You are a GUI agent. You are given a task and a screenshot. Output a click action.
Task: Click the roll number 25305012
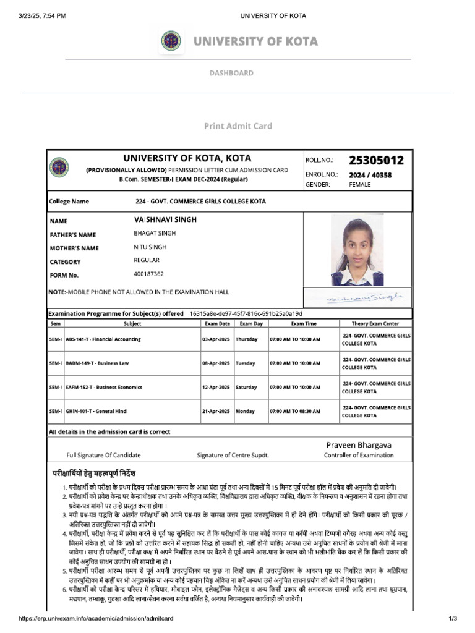tap(376, 161)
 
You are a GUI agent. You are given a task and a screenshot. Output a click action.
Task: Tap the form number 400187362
tap(148, 274)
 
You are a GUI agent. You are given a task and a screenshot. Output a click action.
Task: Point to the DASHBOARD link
tap(231, 73)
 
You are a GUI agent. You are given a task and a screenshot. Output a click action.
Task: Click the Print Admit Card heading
tap(238, 126)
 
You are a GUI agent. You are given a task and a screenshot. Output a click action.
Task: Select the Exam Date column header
tap(216, 324)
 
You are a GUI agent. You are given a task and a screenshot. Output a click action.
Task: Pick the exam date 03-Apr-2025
tap(216, 339)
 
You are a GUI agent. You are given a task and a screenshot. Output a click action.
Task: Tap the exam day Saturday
tap(246, 388)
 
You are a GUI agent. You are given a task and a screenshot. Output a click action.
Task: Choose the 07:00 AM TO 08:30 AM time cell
tap(295, 411)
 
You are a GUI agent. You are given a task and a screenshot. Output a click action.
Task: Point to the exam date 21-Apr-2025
tap(216, 411)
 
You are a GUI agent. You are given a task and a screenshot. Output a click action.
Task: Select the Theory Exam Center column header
tap(375, 324)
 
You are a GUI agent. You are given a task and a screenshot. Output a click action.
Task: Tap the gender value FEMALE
tap(360, 184)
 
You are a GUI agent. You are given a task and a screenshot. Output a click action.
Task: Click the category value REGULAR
tap(147, 260)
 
